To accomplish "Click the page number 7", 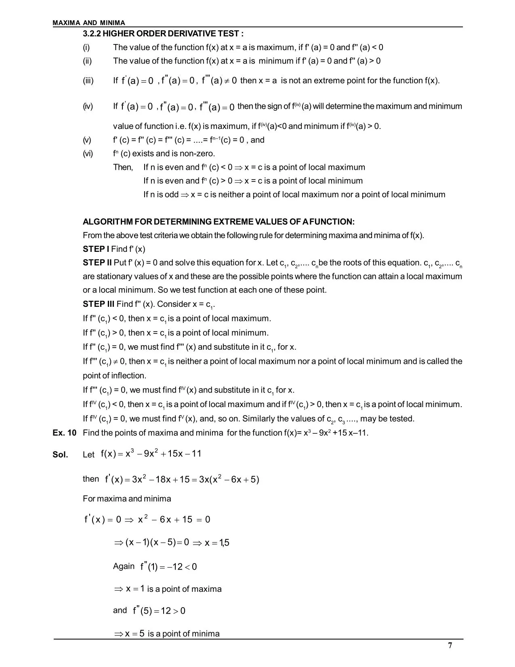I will pos(450,645).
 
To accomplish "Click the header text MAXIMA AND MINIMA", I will pos(89,23).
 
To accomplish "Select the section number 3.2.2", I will pos(92,34).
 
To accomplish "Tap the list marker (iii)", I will pos(88,80).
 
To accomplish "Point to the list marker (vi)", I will pos(88,154).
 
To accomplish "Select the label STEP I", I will pos(96,249).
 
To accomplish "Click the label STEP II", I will pos(97,263).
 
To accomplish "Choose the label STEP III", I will pos(99,304).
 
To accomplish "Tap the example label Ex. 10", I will pos(64,433).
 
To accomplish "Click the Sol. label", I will pos(60,455).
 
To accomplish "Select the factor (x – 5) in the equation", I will pos(164,542).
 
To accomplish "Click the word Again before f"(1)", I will pos(124,566).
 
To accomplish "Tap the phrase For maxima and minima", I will pos(127,498).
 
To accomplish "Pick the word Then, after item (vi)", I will pos(123,167).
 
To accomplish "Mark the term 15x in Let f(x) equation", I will pos(175,454).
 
